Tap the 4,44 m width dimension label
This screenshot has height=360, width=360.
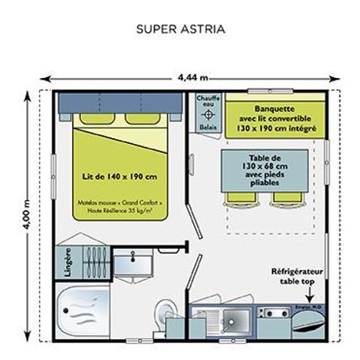(193, 76)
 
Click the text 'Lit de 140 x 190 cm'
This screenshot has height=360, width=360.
(120, 176)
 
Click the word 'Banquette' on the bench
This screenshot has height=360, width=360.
(274, 107)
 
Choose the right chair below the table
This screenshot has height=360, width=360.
(286, 198)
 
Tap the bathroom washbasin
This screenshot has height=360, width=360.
(133, 261)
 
